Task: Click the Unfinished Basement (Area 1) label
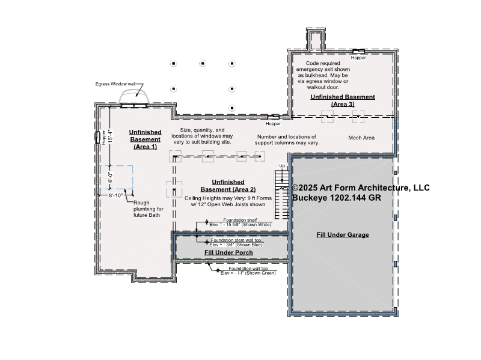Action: pos(145,139)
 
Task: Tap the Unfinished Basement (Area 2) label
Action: pos(228,186)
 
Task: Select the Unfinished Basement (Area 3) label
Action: pos(343,100)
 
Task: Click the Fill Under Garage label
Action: pos(343,235)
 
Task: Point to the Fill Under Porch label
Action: pos(228,252)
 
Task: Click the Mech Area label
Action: pos(361,138)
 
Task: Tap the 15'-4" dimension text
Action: pos(110,136)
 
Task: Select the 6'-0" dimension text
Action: pos(110,177)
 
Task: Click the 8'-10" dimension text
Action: pos(115,195)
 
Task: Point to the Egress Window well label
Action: pos(115,84)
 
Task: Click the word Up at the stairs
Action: pos(282,166)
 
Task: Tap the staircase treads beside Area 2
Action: pos(281,194)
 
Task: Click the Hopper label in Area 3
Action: pos(358,58)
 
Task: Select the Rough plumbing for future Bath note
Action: pos(149,209)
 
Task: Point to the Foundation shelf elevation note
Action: pos(240,222)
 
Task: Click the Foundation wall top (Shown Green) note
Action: pos(248,271)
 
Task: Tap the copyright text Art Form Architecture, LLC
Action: pos(361,188)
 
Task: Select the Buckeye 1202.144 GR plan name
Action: pos(337,198)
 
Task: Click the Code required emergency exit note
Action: pos(323,75)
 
